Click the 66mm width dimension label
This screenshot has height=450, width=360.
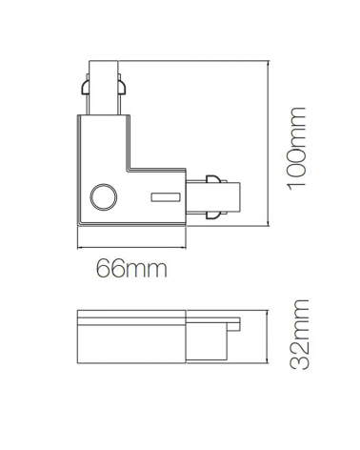click(x=131, y=270)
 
